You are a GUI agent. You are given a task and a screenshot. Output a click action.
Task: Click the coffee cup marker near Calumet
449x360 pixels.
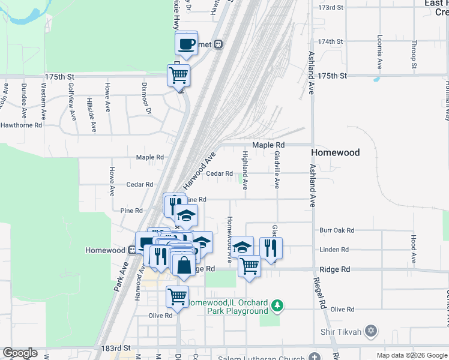[x=187, y=43]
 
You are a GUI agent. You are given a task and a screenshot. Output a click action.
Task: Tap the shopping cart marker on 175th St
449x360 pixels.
[x=178, y=76]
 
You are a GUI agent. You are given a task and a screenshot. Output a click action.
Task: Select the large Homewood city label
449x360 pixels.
[x=335, y=152]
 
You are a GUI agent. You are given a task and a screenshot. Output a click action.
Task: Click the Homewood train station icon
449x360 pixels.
[x=132, y=250]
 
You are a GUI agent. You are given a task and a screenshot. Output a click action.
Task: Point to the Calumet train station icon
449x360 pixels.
[x=218, y=44]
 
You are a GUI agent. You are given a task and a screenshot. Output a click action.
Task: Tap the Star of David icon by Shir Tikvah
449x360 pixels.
[x=371, y=331]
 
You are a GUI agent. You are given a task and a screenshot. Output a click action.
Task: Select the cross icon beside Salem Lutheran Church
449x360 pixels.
[x=315, y=357]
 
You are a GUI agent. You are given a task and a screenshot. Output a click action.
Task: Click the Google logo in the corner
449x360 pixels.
[x=20, y=353]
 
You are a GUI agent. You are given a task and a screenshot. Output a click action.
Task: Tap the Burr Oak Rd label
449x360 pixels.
[x=337, y=230]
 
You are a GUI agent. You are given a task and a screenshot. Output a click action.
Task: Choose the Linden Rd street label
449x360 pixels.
[x=334, y=250]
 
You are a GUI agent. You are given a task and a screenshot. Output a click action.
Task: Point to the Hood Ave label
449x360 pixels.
[x=413, y=242]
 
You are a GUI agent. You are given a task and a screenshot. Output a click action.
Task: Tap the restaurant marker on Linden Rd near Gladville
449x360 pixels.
[x=271, y=247]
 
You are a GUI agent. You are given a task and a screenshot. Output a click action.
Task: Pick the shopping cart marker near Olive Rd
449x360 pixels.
[x=177, y=296]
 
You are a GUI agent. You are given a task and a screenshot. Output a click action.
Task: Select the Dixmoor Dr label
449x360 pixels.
[x=144, y=95]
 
